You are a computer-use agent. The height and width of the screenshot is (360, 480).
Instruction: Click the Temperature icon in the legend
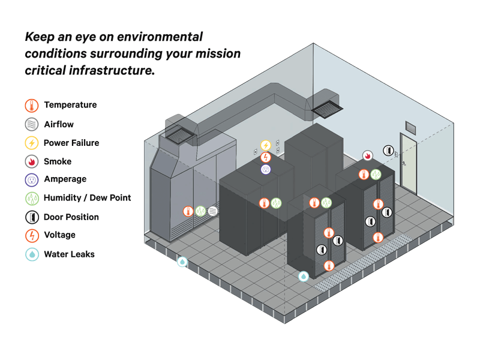point(32,106)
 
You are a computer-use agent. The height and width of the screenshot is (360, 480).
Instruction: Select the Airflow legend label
point(59,124)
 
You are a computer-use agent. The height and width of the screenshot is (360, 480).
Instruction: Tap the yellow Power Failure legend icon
point(32,143)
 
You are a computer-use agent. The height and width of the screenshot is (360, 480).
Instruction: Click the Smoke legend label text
point(58,161)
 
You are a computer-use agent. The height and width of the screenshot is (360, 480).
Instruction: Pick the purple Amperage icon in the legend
point(32,179)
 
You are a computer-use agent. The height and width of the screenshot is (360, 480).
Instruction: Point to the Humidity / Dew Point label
point(87,198)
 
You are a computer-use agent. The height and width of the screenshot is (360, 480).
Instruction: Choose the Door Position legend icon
point(32,217)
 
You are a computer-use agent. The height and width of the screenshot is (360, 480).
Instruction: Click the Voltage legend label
point(59,235)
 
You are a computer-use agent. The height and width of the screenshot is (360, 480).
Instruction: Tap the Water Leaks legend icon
point(32,254)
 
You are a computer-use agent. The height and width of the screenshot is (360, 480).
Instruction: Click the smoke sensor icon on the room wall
point(367,156)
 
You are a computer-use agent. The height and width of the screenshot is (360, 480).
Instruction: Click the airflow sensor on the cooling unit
point(213,211)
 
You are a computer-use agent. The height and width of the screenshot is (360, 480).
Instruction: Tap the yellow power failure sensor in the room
point(266,145)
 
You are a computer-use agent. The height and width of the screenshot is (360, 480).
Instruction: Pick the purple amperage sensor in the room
point(266,170)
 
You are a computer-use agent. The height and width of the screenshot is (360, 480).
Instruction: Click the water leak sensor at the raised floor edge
point(182,262)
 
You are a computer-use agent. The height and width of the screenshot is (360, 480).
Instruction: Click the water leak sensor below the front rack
point(304,277)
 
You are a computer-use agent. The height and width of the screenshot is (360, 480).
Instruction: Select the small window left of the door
point(410,127)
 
